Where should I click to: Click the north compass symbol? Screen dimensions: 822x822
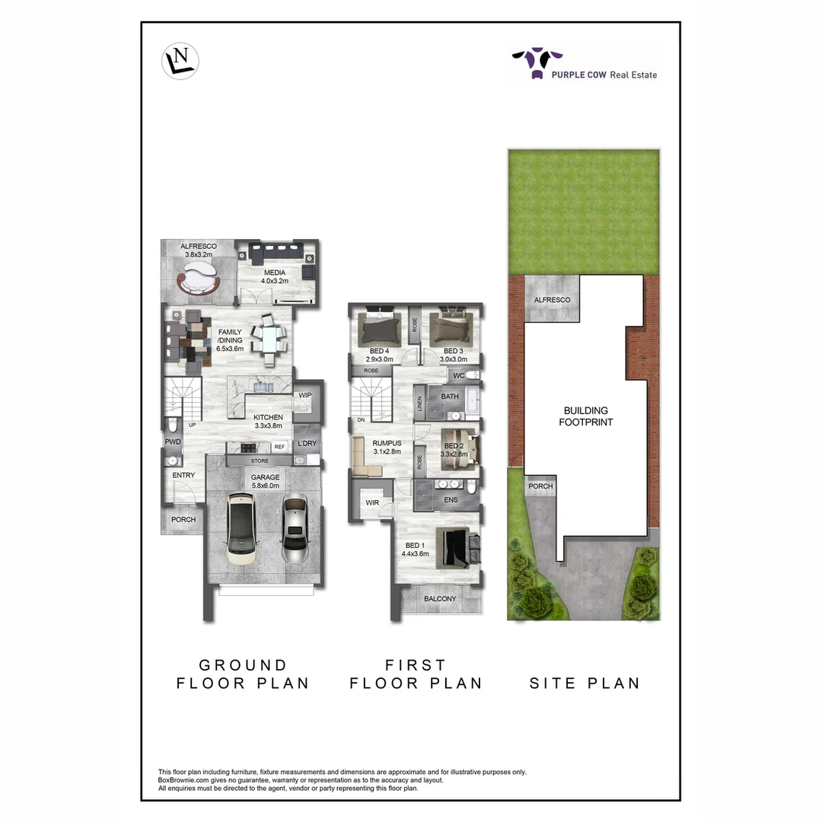click(x=181, y=59)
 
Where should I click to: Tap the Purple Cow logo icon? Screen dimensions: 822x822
click(x=537, y=62)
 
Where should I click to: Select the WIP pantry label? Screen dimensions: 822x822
click(x=306, y=395)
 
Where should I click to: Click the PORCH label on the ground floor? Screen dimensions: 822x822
click(x=183, y=520)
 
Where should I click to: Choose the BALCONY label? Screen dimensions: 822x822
click(x=440, y=599)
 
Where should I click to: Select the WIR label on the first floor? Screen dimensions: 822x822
click(x=372, y=502)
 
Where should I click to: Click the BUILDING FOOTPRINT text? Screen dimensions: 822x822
click(x=586, y=416)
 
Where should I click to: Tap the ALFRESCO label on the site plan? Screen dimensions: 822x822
click(x=552, y=300)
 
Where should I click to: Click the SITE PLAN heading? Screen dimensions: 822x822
click(x=585, y=683)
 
